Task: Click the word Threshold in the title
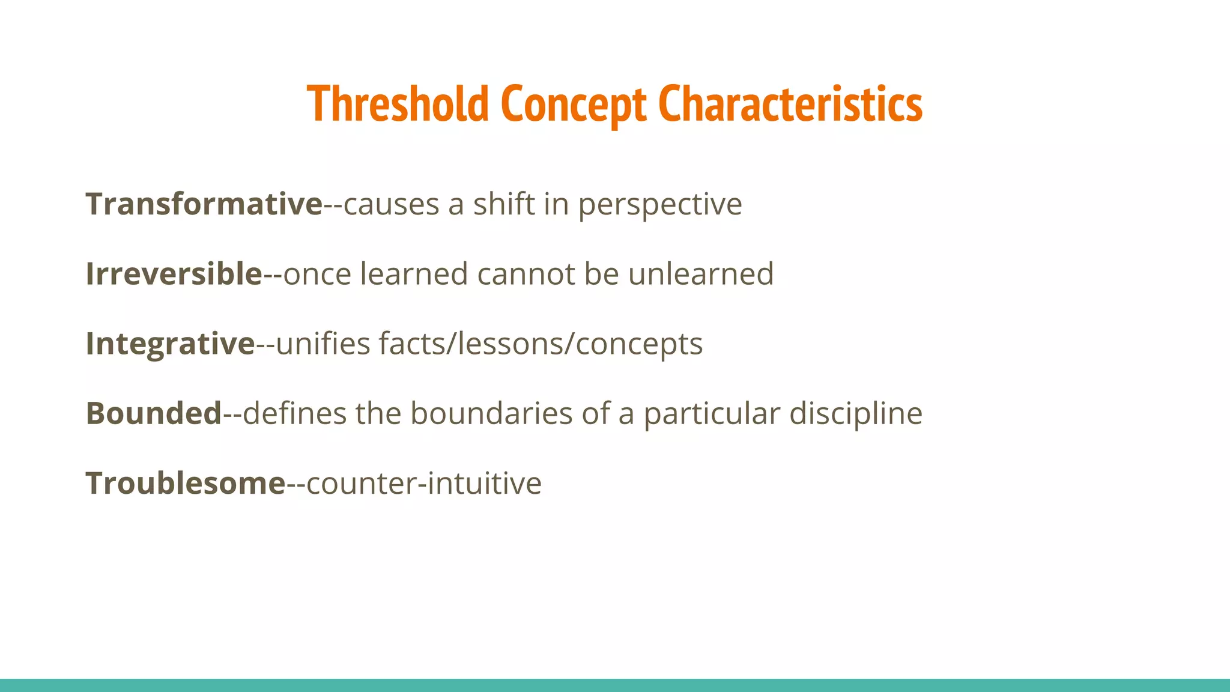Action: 398,104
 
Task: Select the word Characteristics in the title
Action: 790,104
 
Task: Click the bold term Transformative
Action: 204,204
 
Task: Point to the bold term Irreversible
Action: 174,274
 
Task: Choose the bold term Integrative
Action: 171,344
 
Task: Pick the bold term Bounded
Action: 154,413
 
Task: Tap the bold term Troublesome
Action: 185,483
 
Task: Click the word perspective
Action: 660,205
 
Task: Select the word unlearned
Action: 701,274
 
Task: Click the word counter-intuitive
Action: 424,484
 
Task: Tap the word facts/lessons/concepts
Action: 541,344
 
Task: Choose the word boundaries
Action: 491,413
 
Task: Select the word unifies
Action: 323,344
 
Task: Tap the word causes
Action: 391,205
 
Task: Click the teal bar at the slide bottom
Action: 615,685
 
